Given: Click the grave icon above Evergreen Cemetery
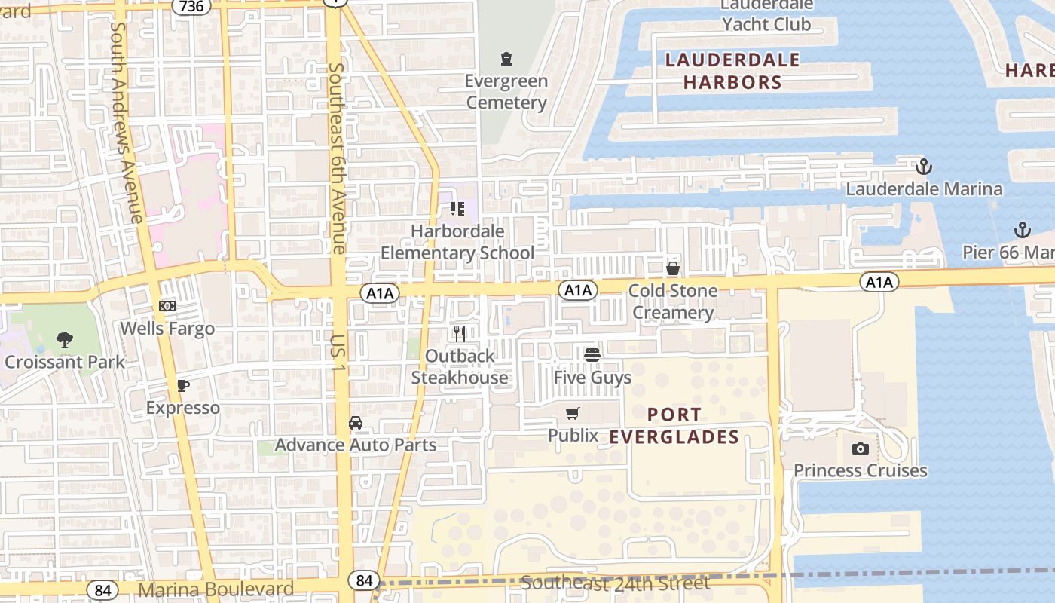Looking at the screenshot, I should point(506,59).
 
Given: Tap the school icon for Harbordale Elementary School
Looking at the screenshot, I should point(457,208).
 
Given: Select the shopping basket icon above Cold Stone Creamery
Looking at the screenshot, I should point(673,268).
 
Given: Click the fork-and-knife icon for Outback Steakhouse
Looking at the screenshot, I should point(460,333).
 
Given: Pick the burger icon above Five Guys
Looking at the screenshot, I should point(592,354).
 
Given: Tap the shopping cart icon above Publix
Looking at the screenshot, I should point(573,413).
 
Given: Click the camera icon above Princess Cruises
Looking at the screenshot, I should point(860,448).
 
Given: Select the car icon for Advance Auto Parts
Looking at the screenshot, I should point(356,423).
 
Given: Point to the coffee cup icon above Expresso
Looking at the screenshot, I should point(182,386).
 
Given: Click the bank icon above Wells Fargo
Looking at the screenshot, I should point(167,306).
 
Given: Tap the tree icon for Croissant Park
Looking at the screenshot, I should point(65,340).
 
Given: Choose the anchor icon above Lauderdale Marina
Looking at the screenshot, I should point(924,167).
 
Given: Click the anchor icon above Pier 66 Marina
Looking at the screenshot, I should point(1023,229).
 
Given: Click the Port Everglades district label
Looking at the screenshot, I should point(674,426).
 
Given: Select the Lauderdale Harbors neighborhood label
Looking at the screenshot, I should point(732,71).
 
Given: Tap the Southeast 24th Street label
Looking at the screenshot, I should point(615,583).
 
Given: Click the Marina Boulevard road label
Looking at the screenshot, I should point(217,589).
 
